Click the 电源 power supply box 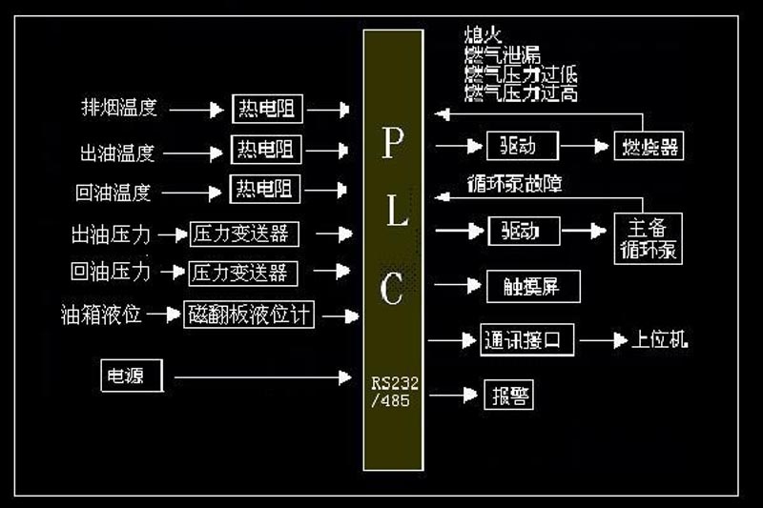[133, 376]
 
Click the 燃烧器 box [650, 148]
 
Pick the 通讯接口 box [527, 340]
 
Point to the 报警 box [509, 395]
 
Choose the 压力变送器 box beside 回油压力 [243, 273]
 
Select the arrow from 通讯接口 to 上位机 [603, 340]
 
